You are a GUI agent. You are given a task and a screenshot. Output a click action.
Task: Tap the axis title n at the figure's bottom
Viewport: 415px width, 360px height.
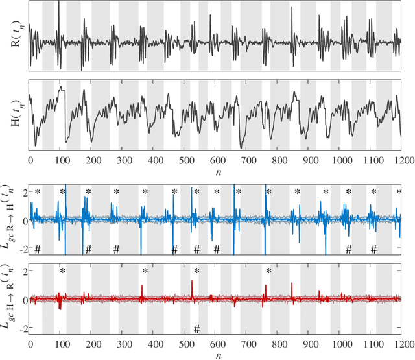pos(216,356)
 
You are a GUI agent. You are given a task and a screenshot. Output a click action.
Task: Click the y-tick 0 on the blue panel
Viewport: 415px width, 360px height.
pos(25,221)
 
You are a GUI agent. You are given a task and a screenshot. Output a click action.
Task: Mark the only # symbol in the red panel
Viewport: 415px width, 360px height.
pos(196,328)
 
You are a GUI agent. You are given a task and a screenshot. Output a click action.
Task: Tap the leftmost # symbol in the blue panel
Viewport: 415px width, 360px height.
pos(38,250)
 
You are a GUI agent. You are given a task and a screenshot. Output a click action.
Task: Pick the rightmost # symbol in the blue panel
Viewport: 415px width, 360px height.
pos(373,250)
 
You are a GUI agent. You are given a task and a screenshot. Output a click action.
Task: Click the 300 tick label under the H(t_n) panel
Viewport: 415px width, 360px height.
pos(123,160)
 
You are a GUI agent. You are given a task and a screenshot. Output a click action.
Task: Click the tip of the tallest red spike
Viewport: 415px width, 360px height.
pos(192,281)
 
